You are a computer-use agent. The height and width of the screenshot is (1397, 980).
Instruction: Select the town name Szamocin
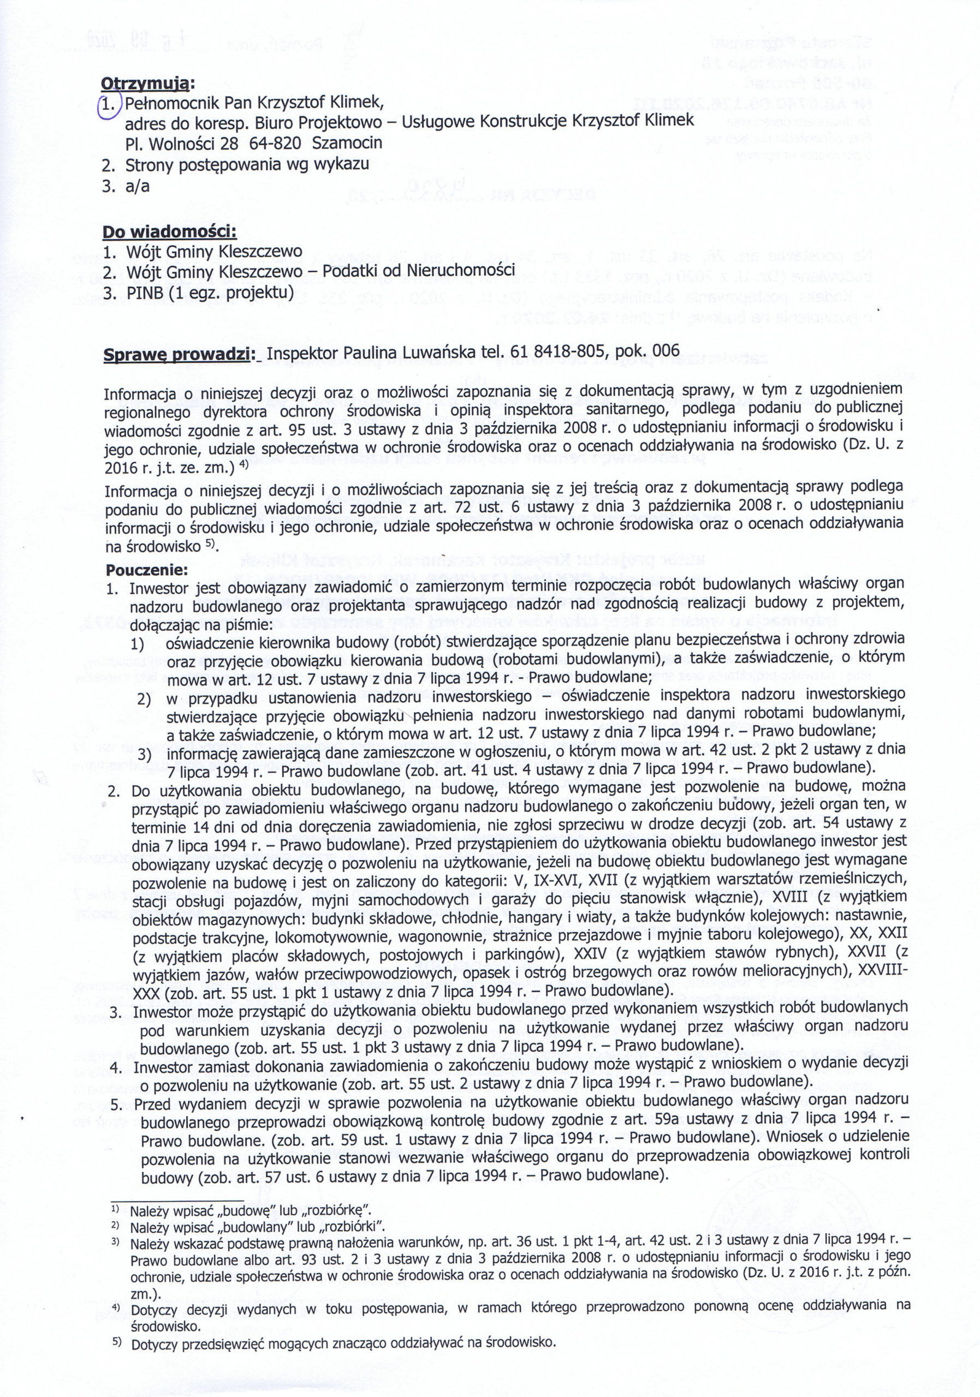point(347,143)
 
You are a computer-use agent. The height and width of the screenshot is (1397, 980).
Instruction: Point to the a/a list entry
point(138,186)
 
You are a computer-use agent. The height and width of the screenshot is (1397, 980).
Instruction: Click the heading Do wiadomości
point(169,232)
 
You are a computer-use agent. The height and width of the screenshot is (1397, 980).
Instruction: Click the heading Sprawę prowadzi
point(177,354)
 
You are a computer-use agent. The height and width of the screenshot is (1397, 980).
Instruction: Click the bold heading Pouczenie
point(147,571)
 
